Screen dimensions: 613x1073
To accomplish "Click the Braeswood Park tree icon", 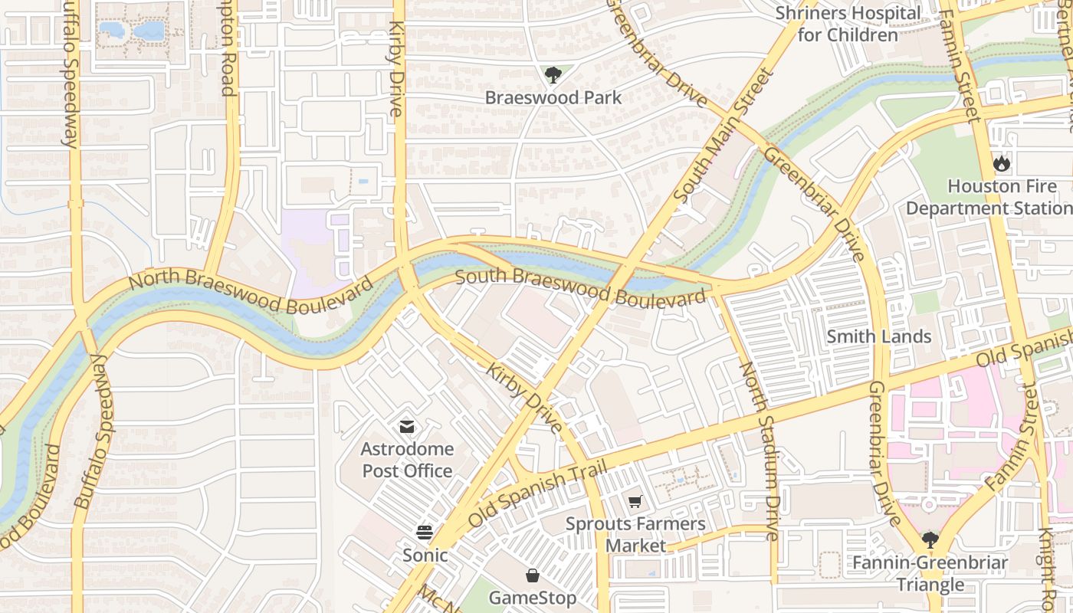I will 553,74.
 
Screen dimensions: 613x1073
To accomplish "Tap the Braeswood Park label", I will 553,98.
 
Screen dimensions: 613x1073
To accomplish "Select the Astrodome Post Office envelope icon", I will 407,426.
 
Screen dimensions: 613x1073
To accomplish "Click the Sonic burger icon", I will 425,532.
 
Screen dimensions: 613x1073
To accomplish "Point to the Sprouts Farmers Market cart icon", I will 635,502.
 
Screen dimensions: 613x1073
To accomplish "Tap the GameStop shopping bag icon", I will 533,575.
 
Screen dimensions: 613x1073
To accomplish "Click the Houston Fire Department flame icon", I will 1001,163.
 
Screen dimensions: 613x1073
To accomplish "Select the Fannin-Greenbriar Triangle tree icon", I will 930,540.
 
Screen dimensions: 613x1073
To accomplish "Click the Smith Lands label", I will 879,336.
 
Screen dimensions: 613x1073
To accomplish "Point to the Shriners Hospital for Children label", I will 848,24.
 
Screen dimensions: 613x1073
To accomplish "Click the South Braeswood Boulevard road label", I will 580,286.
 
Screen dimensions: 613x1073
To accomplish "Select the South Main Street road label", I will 724,136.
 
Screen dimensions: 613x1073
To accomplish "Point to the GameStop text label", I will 533,598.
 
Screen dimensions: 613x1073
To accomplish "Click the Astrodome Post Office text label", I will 407,460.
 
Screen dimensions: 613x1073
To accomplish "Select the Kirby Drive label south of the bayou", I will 524,398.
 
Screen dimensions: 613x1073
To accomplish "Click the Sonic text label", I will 425,555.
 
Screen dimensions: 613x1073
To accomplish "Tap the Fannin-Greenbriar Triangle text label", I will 930,574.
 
